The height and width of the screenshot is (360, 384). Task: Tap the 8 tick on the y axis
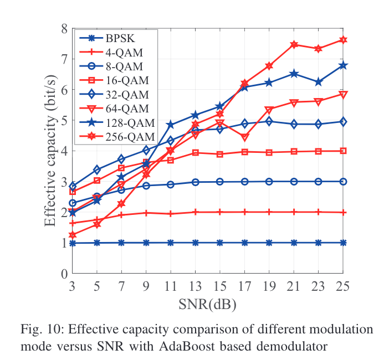click(64, 28)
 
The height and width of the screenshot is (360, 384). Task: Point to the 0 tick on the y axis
click(64, 274)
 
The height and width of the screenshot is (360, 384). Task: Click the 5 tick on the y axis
click(64, 120)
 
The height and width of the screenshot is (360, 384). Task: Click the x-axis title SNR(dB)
click(207, 304)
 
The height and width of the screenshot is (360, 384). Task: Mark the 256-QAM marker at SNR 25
click(343, 40)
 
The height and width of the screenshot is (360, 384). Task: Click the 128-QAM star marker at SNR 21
click(294, 74)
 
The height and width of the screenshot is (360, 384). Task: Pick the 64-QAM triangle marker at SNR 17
click(245, 137)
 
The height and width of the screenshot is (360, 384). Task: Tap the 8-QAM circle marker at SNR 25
click(343, 182)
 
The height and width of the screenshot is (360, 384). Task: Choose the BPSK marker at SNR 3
click(72, 243)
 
